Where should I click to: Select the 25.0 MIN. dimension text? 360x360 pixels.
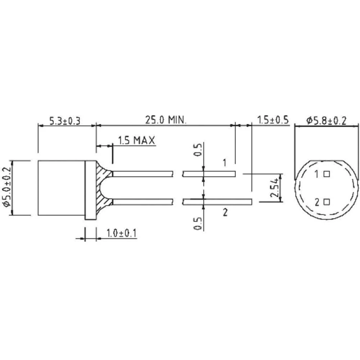166,120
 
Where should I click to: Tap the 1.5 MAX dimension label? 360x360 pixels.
136,140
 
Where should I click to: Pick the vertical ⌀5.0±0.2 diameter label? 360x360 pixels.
6,188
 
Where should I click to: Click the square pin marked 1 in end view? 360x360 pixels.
327,175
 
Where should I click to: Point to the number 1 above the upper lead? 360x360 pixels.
224,163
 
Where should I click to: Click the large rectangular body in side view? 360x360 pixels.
61,188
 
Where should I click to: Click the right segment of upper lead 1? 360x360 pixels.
209,174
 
